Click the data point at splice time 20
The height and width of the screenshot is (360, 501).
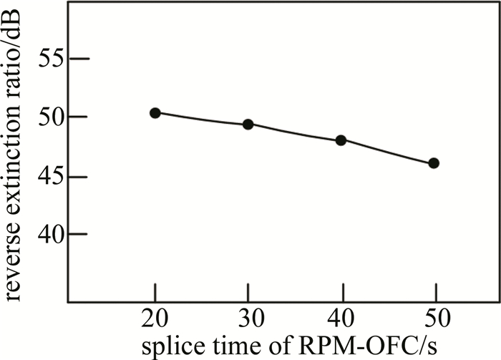(x=155, y=113)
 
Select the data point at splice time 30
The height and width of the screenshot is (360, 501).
(x=248, y=125)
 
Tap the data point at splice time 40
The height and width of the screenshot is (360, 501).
(x=341, y=140)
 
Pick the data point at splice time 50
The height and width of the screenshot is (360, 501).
(x=434, y=163)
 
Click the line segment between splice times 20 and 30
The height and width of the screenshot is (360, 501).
(x=202, y=119)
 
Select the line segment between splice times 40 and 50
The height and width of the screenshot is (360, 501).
(x=387, y=152)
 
